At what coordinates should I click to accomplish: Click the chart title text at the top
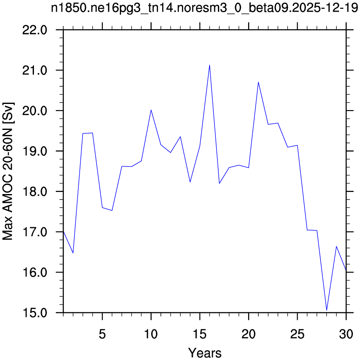[x=205, y=8]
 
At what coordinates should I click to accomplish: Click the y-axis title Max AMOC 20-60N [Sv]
[x=8, y=171]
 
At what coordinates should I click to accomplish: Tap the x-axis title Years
[x=205, y=352]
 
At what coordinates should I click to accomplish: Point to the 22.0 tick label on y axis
[x=35, y=30]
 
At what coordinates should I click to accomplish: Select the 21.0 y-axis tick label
[x=35, y=70]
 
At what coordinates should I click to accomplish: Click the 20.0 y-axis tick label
[x=35, y=111]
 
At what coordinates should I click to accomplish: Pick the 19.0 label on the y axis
[x=35, y=151]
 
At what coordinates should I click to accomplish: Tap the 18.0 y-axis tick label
[x=35, y=192]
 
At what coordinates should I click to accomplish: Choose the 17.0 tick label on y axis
[x=35, y=232]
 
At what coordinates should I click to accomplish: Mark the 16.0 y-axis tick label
[x=35, y=272]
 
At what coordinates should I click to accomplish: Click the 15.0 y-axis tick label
[x=35, y=313]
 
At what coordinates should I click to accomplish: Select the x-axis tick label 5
[x=102, y=334]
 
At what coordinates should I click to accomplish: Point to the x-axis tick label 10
[x=151, y=334]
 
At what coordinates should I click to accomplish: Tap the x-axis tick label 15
[x=200, y=334]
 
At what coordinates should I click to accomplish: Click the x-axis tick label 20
[x=249, y=334]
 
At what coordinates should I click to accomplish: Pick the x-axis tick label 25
[x=297, y=334]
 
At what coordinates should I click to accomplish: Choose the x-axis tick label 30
[x=346, y=334]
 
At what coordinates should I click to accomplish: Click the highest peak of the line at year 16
[x=210, y=65]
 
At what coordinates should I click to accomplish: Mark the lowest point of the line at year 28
[x=326, y=311]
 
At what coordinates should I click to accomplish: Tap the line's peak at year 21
[x=258, y=82]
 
